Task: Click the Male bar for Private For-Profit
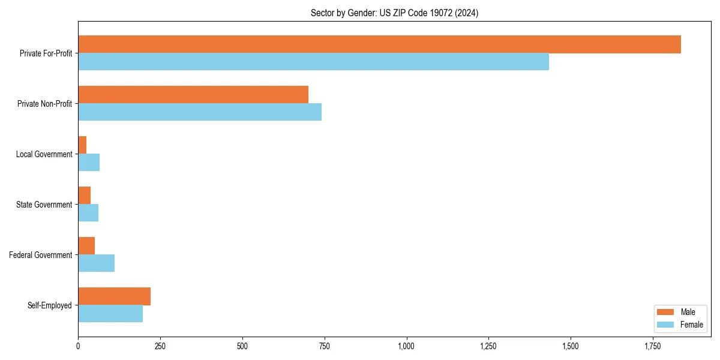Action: [x=379, y=44]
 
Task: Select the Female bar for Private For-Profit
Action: [x=313, y=62]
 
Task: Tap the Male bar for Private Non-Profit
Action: [x=193, y=95]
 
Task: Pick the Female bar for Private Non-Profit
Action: [x=200, y=112]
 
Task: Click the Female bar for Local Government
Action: [x=89, y=163]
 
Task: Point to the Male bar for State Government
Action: [x=85, y=196]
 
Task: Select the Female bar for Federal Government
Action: [x=96, y=263]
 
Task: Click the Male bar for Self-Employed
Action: [x=114, y=296]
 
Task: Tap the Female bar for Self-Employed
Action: [x=110, y=314]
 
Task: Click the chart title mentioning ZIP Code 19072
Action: [x=394, y=13]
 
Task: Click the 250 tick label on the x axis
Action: [x=160, y=346]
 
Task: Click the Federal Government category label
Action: [x=41, y=255]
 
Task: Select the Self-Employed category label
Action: [x=50, y=305]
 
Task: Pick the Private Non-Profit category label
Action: [x=44, y=104]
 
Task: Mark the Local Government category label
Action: [x=44, y=154]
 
